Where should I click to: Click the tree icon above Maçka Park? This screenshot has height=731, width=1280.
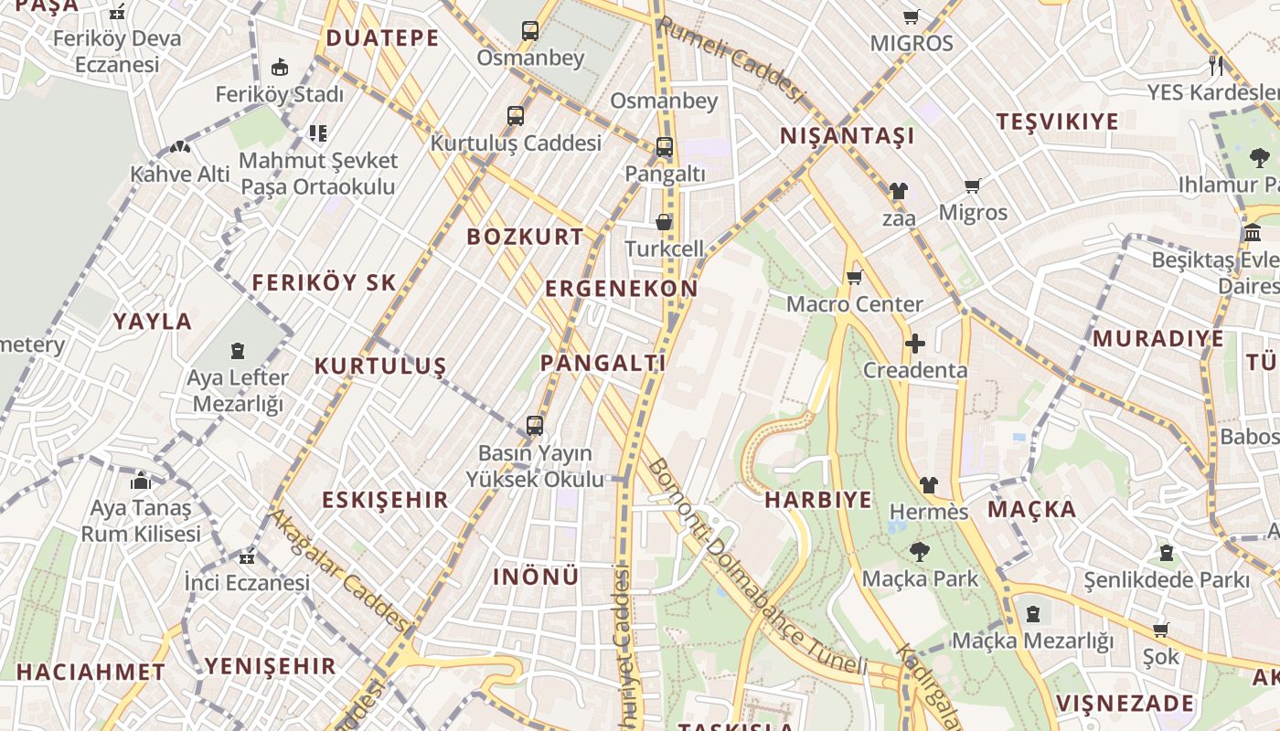919,552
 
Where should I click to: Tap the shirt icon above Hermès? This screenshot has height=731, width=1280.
929,484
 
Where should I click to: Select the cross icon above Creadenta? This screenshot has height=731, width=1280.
915,344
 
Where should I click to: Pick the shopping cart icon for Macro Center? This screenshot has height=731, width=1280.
855,277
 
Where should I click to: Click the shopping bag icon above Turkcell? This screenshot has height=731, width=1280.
664,222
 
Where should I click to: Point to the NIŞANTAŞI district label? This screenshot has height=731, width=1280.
847,136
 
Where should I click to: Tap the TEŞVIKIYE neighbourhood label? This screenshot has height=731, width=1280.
1057,122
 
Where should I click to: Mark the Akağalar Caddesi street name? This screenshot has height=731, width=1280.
337,572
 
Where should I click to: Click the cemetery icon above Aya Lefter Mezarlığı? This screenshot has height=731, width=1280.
238,350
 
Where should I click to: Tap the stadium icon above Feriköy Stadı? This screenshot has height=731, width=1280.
280,68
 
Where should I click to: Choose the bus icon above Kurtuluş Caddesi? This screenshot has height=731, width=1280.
516,116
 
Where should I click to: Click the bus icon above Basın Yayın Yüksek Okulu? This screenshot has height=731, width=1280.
535,426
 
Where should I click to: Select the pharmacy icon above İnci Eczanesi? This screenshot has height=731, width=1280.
247,556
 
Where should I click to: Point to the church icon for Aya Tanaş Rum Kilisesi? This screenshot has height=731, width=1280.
141,481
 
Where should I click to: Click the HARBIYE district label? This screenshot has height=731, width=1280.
817,500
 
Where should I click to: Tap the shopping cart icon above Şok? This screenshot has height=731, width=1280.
1161,630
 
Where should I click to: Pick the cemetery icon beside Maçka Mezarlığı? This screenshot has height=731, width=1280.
1033,614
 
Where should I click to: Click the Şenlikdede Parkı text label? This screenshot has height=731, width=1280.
1166,579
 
